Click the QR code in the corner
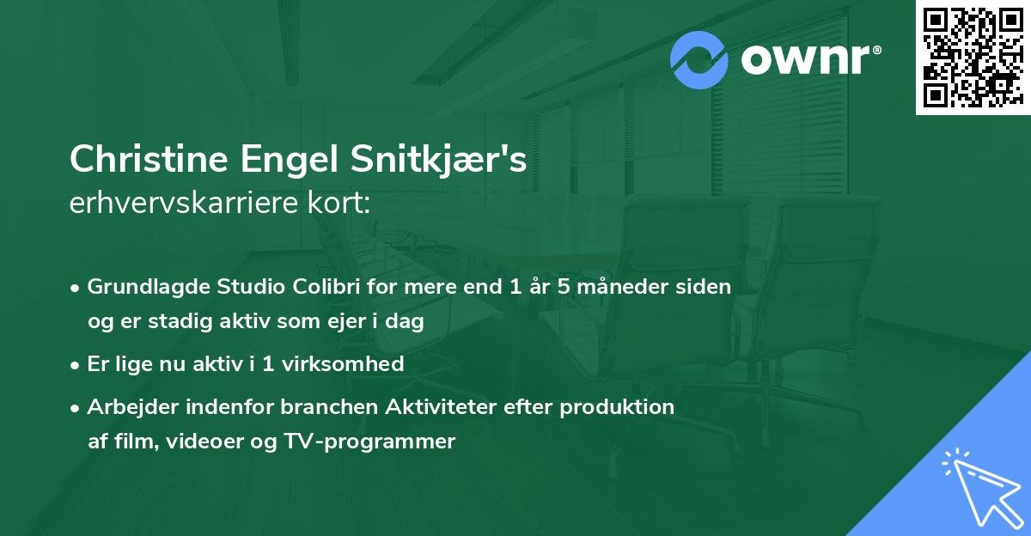click(x=973, y=58)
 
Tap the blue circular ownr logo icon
click(x=699, y=60)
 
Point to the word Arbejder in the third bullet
click(x=125, y=406)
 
